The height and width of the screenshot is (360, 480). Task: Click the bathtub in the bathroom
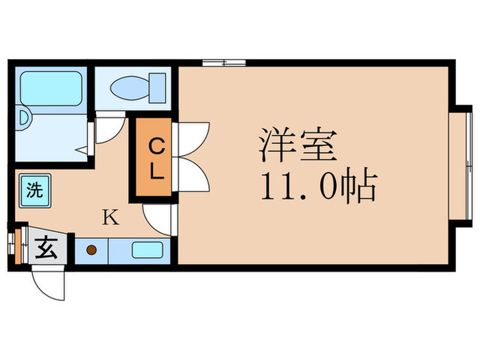click(x=49, y=88)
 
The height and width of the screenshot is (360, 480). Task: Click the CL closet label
click(x=157, y=158)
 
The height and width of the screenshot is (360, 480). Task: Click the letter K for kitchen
click(x=110, y=219)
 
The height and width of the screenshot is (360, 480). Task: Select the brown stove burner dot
click(x=91, y=251)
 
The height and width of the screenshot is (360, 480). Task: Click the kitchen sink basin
click(x=147, y=250)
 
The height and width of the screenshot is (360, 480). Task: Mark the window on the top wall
click(x=224, y=63)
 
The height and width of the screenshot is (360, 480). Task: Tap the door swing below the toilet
click(x=108, y=130)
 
